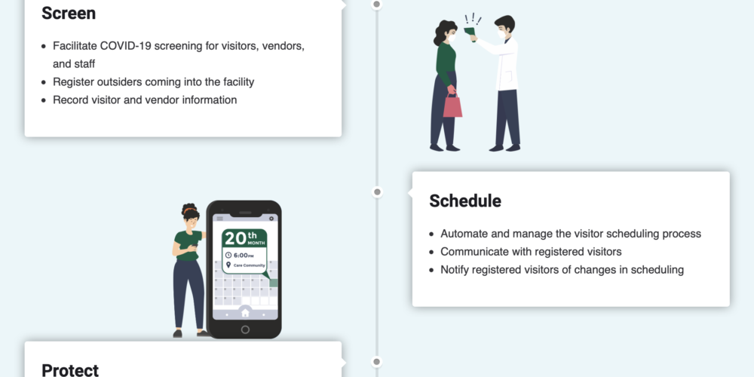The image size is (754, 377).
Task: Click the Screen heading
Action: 69,14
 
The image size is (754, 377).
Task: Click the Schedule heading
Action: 465,201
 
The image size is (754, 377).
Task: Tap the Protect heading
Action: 70,370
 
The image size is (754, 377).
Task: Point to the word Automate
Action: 464,234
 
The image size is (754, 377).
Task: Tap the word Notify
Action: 455,270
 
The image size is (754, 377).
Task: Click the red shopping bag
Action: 452,106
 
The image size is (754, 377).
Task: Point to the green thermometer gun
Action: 470,33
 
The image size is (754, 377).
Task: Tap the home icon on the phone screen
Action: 245,313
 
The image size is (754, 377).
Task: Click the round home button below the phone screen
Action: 245,329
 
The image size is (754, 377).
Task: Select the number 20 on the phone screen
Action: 235,238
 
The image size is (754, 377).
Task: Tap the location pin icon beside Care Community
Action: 228,265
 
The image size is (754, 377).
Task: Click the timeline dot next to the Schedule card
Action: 377,192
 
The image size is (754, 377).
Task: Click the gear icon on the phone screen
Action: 271,219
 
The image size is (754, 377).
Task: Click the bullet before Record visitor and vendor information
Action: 44,100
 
